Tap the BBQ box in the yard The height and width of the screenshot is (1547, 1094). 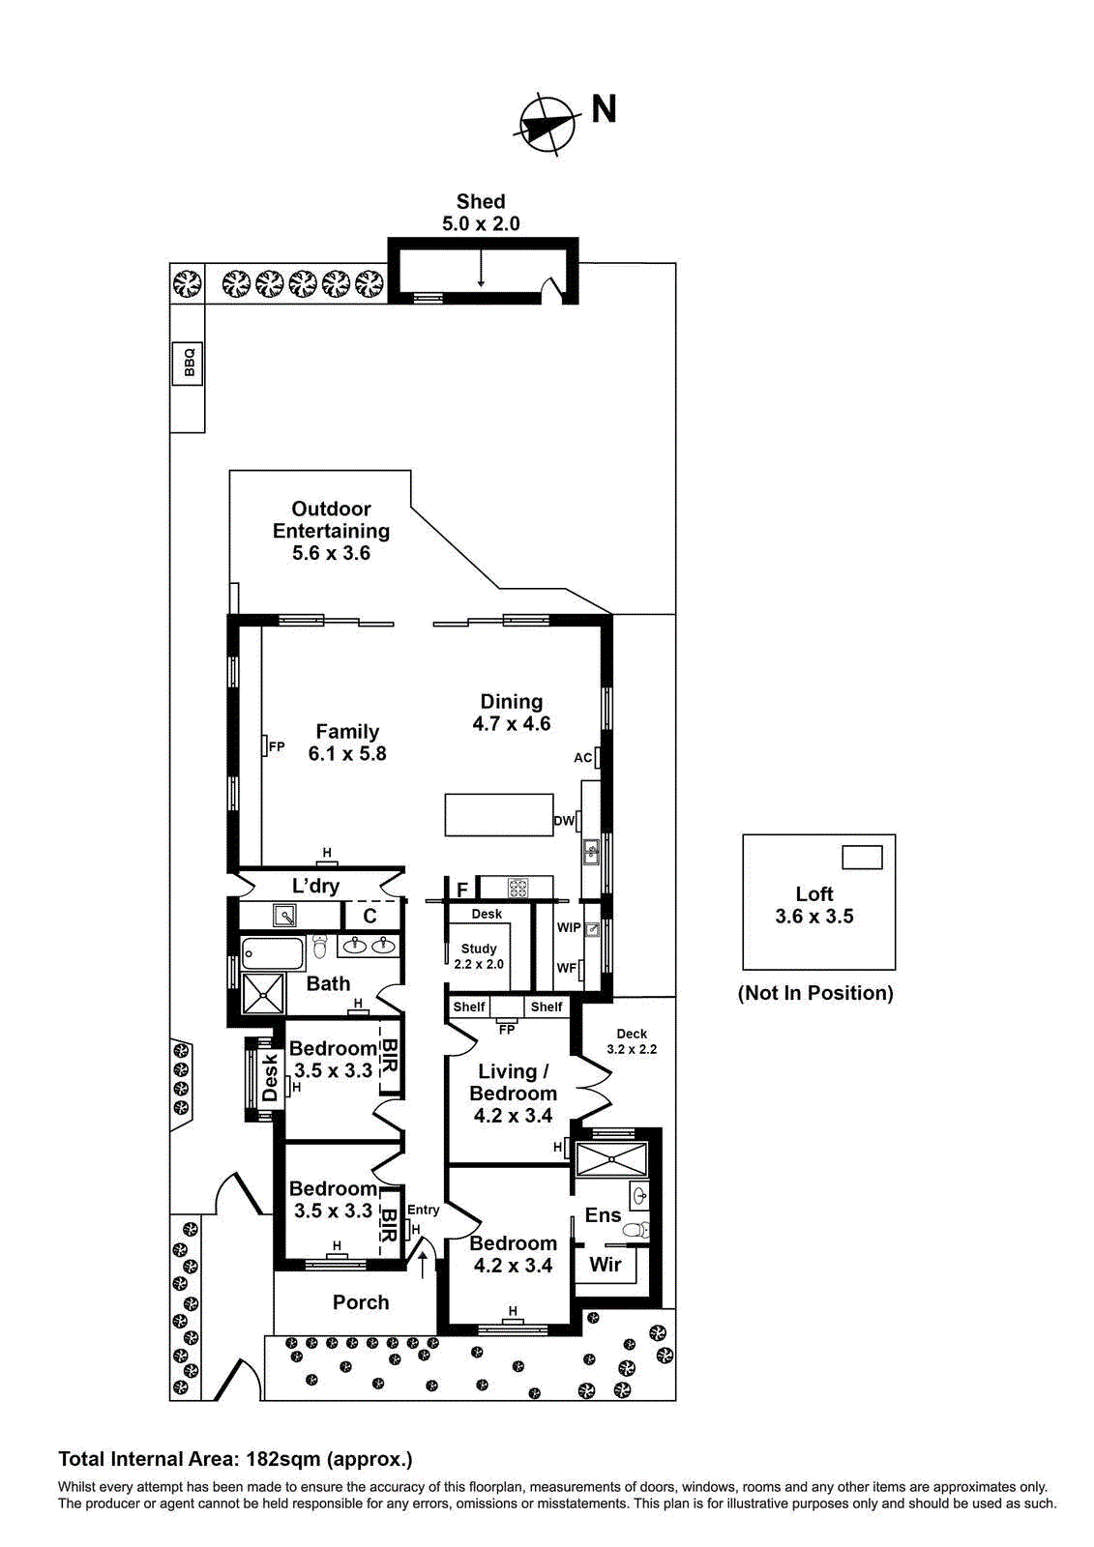[189, 363]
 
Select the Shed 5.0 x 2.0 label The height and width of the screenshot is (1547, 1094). [481, 213]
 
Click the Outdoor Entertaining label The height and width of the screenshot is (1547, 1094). [331, 531]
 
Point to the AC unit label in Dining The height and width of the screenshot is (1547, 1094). [582, 758]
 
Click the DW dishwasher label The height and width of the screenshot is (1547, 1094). [563, 821]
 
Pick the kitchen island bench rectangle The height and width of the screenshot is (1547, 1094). [498, 815]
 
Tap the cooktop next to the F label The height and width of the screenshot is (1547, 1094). [517, 888]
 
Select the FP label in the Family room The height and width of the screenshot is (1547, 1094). [277, 746]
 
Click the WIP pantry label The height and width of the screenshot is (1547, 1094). [569, 927]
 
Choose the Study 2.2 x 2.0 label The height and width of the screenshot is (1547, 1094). [479, 956]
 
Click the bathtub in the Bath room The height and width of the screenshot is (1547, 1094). [273, 952]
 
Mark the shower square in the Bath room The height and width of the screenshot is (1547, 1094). [263, 993]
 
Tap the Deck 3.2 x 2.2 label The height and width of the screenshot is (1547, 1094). [632, 1041]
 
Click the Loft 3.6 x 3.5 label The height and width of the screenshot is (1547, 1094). [814, 905]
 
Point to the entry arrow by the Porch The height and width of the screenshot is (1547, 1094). [422, 1263]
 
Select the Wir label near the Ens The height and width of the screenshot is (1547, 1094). [606, 1264]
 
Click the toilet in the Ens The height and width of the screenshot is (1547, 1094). [634, 1230]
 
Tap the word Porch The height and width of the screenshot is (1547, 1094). [361, 1302]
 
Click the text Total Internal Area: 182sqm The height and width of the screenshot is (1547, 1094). [235, 1459]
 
